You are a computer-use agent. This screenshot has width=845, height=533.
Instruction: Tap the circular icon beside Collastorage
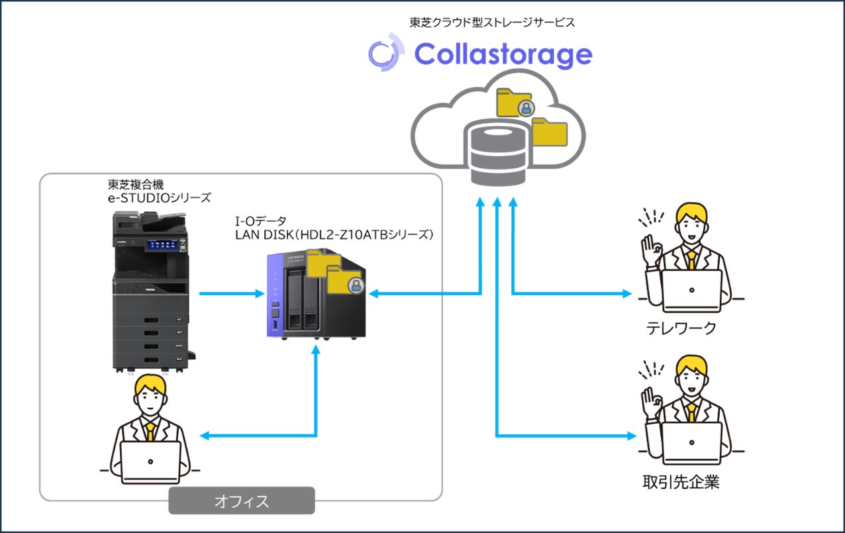(x=385, y=53)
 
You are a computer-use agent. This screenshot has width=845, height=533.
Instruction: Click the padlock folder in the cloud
(x=515, y=103)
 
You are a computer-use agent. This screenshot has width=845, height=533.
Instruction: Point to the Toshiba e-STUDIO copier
(x=151, y=291)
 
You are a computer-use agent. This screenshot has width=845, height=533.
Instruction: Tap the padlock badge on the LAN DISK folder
(x=356, y=287)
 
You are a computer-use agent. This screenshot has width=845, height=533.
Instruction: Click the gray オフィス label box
(x=241, y=501)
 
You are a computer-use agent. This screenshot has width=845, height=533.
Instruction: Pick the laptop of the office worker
(x=150, y=461)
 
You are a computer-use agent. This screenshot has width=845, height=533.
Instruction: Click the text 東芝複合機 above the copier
(x=136, y=184)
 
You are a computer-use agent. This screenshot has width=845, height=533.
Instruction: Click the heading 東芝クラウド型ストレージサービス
(x=491, y=22)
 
